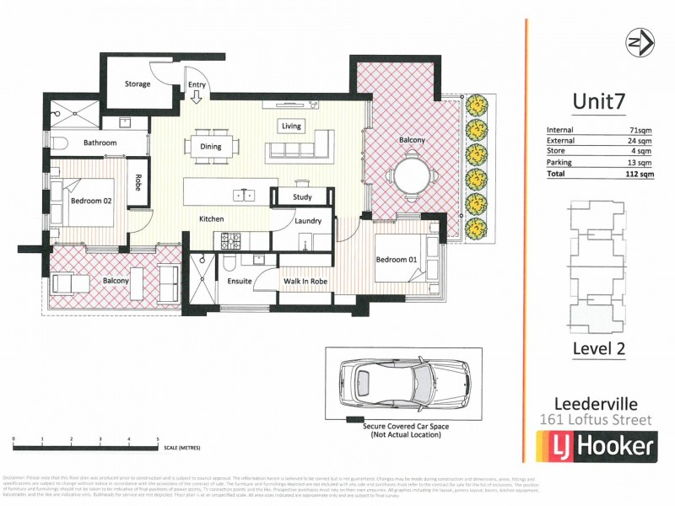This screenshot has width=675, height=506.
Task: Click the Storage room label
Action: [x=138, y=84]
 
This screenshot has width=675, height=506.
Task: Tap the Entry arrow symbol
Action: [x=197, y=98]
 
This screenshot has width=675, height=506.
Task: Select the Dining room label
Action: [x=211, y=147]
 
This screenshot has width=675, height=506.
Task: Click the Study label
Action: [x=302, y=197]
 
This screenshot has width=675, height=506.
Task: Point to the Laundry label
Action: [x=308, y=221]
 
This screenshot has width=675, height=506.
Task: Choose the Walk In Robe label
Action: [x=305, y=281]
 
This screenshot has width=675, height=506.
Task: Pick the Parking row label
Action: [x=559, y=163]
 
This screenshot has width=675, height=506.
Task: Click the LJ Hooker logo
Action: [x=596, y=445]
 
